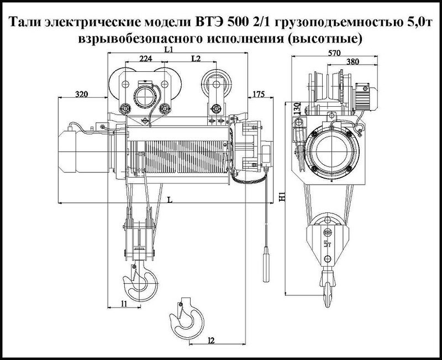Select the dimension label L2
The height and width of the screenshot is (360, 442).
(195, 59)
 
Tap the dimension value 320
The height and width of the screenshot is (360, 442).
(81, 95)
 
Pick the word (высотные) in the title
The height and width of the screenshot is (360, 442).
(330, 40)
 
